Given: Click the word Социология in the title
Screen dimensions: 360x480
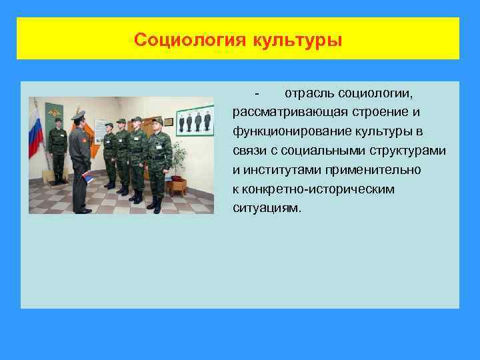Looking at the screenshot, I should pyautogui.click(x=190, y=40).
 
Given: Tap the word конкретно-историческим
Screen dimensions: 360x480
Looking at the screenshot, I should pyautogui.click(x=313, y=189).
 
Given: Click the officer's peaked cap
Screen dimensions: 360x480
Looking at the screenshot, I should pyautogui.click(x=79, y=115).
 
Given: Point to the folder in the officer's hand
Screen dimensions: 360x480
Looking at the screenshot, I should pyautogui.click(x=88, y=177).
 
